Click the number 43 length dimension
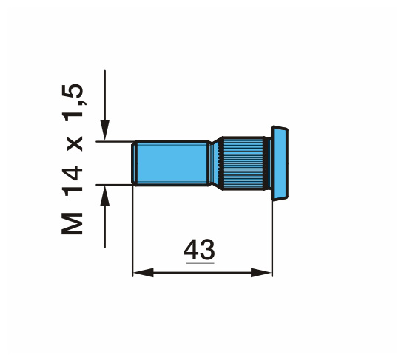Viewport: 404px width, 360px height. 199,249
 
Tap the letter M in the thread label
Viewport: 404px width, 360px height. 73,224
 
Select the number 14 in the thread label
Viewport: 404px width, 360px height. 73,180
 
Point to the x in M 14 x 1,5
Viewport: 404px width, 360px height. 75,143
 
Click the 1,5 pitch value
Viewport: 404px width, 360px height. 73,103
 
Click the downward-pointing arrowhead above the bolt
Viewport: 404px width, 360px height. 104,129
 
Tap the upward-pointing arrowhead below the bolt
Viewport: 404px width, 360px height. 104,196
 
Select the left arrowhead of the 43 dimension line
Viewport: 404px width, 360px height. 144,273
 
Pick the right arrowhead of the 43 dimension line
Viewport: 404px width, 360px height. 261,273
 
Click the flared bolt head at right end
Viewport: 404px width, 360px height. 280,163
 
